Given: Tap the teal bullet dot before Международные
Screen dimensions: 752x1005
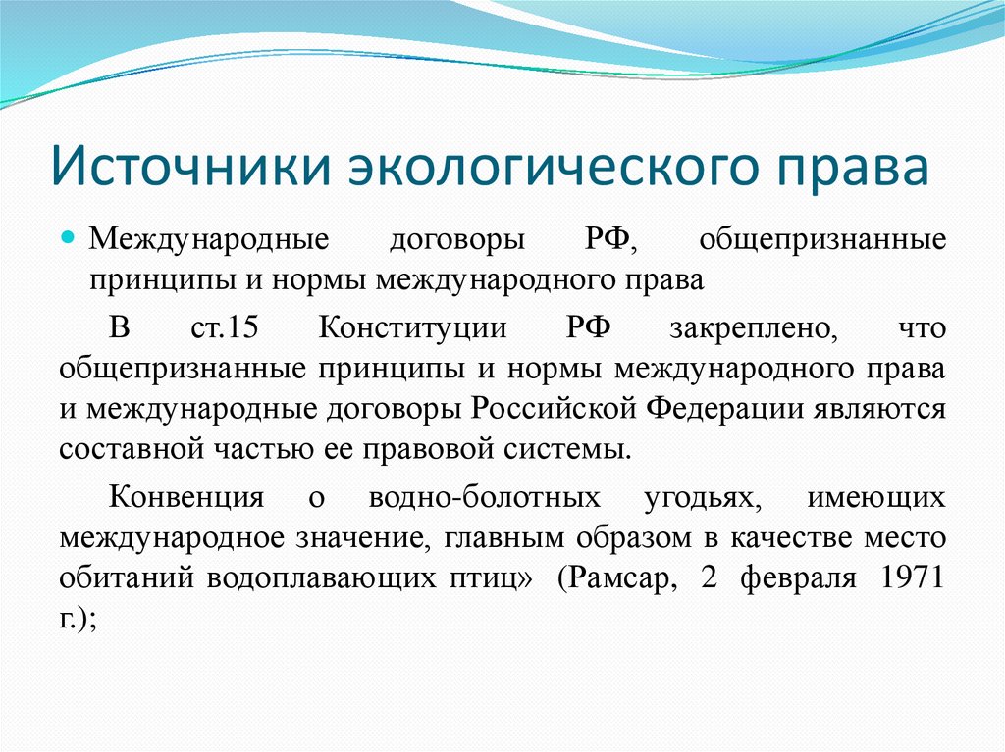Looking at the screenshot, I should click(69, 239).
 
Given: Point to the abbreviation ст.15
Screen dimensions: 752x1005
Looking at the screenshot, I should click(224, 327).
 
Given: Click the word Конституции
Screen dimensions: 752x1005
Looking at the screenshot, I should click(413, 327).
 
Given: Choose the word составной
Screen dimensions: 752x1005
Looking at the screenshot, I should click(124, 449).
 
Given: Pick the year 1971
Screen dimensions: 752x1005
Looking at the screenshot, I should click(913, 578).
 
